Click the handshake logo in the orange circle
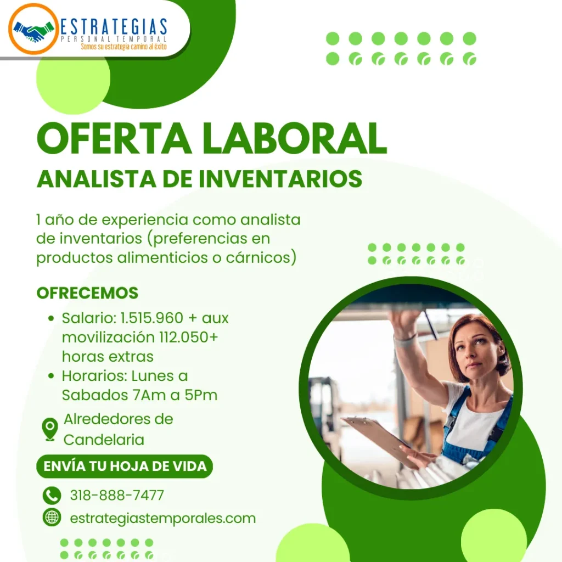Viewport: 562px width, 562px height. click(33, 30)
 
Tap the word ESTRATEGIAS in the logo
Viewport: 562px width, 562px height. click(114, 27)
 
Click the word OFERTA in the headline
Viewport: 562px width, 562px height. click(114, 138)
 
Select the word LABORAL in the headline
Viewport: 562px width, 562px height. click(295, 138)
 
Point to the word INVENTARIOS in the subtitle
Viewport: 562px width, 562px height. click(280, 178)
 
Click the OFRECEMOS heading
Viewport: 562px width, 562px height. click(87, 293)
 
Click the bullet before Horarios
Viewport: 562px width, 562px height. click(51, 376)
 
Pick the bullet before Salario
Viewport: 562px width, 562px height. click(51, 318)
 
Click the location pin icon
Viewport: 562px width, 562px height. click(50, 429)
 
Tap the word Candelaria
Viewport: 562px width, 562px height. click(104, 440)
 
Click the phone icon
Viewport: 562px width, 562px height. click(52, 496)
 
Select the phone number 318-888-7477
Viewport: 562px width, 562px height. click(117, 496)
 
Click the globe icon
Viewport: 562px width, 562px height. click(52, 517)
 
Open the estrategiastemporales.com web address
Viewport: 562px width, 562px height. click(162, 518)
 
